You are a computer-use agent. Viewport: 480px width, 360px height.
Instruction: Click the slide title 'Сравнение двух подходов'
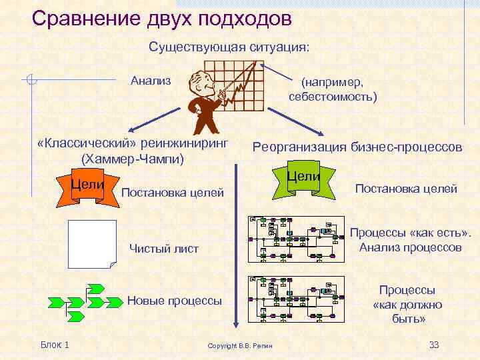tap(162, 18)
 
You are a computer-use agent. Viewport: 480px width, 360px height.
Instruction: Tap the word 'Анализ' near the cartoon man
tap(151, 81)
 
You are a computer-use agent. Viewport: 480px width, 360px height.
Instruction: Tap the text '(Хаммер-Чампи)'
tap(132, 159)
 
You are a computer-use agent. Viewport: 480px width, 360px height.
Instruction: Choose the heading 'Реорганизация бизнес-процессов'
tap(357, 147)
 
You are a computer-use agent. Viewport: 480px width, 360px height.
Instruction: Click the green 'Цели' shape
tap(303, 178)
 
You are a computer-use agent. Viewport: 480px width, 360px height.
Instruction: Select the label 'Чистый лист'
tap(163, 249)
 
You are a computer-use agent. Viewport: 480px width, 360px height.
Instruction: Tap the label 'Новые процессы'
tap(174, 301)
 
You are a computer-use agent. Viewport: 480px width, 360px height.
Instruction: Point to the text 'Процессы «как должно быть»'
tap(407, 305)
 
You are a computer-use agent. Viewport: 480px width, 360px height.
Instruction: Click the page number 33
tap(433, 344)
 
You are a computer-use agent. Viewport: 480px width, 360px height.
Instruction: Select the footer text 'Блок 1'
tap(55, 344)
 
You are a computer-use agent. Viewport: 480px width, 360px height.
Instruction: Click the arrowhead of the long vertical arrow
tap(234, 325)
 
